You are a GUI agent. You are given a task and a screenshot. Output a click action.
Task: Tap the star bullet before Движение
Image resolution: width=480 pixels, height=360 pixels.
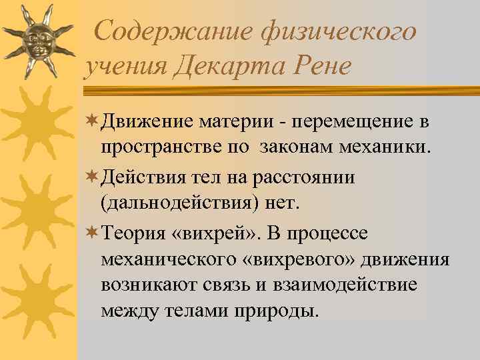(91, 121)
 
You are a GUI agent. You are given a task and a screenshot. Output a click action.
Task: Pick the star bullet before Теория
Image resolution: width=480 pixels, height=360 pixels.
(91, 233)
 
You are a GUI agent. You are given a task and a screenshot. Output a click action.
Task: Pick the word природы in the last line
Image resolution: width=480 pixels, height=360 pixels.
(281, 310)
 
